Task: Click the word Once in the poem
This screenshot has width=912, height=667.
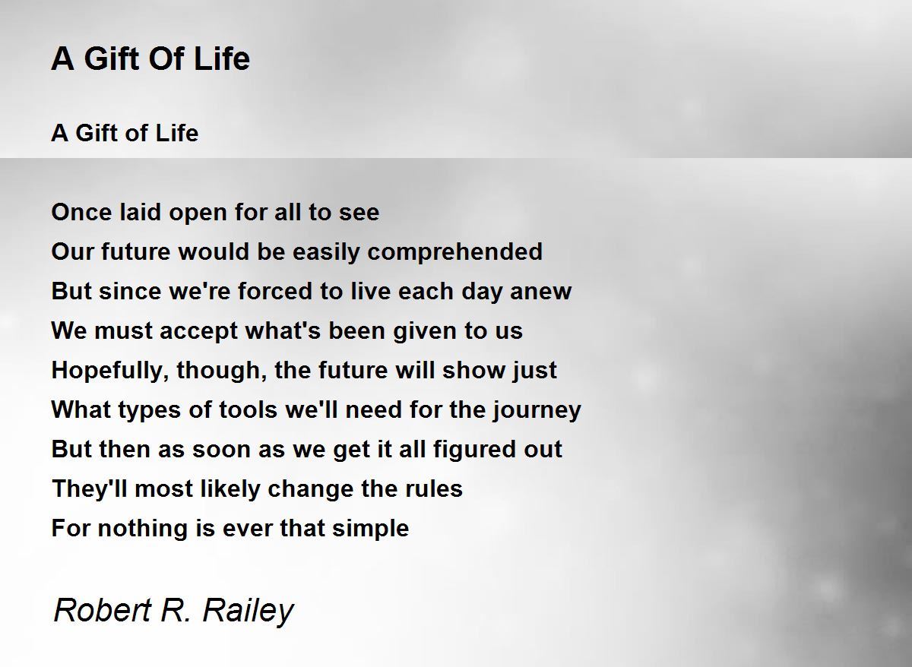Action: (x=81, y=212)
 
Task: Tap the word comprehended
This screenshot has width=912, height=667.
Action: (x=454, y=252)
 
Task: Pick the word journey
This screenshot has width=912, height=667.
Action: (x=537, y=410)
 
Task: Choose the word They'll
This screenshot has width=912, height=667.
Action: (x=90, y=488)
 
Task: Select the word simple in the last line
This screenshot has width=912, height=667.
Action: (x=371, y=529)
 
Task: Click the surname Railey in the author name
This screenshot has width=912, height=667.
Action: (x=248, y=611)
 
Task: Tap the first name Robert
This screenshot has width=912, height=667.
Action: (x=103, y=611)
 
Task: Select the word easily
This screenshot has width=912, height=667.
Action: (x=327, y=252)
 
